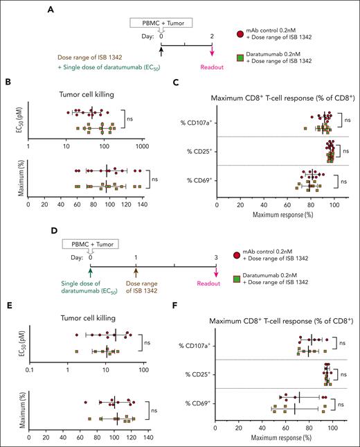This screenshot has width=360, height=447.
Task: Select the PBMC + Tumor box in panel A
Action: [x=161, y=22]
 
